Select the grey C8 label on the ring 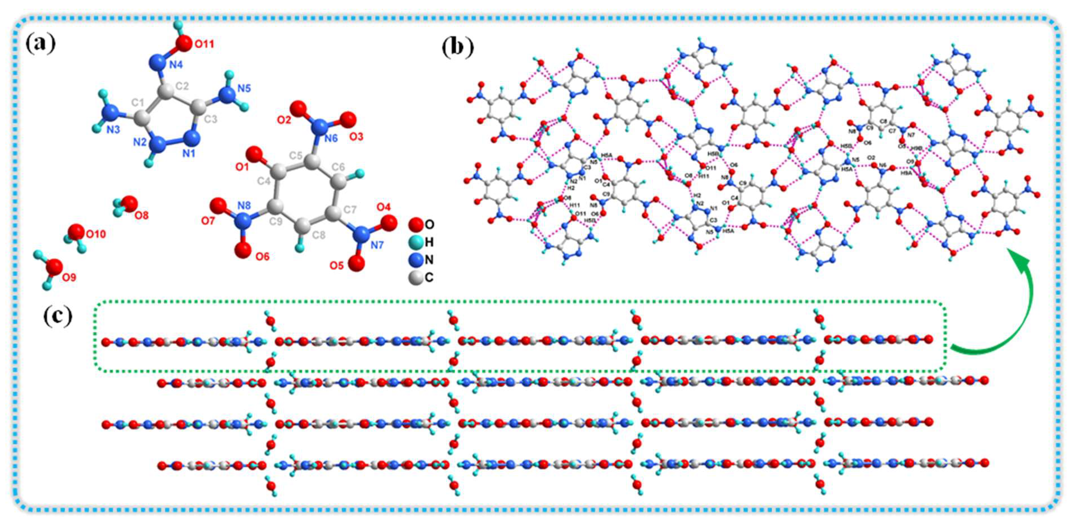(319, 235)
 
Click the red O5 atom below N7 (356, 263)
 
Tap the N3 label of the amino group (113, 130)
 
